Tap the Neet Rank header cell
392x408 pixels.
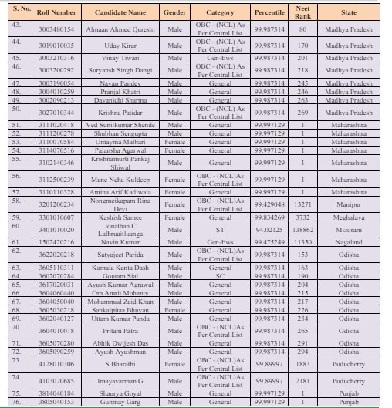pyautogui.click(x=302, y=13)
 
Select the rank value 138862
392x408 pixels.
pyautogui.click(x=302, y=230)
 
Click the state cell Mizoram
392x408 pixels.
pyautogui.click(x=349, y=230)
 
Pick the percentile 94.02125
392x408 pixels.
pyautogui.click(x=269, y=230)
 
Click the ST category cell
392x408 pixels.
pyautogui.click(x=220, y=230)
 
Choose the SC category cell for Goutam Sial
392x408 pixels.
pyautogui.click(x=220, y=275)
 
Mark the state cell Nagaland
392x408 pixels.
pyautogui.click(x=349, y=242)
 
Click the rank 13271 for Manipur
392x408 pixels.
pyautogui.click(x=302, y=204)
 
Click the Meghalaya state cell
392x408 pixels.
pyautogui.click(x=349, y=217)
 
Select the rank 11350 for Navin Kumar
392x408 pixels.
pyautogui.click(x=302, y=242)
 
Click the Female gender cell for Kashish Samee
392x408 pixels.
pyautogui.click(x=175, y=217)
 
